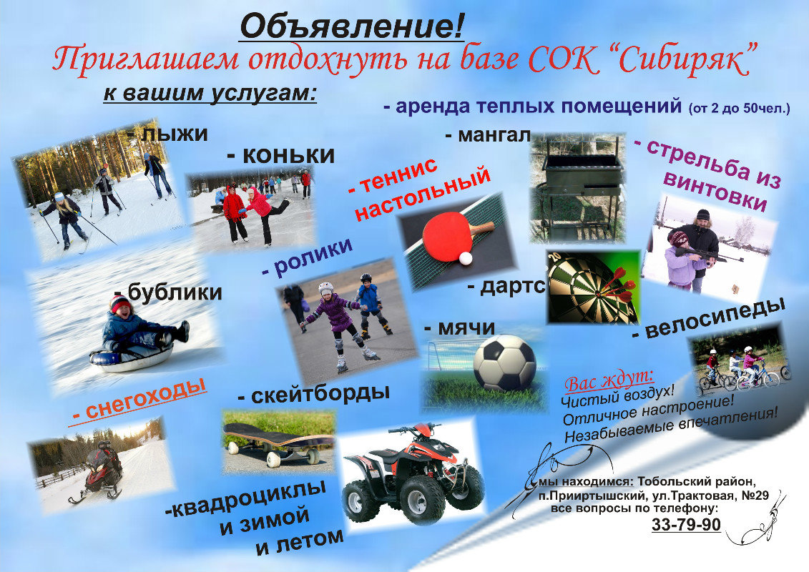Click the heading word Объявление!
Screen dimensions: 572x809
click(x=352, y=26)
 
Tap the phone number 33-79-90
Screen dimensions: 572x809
click(x=686, y=524)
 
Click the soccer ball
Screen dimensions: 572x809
click(x=504, y=363)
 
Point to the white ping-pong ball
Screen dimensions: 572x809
click(x=466, y=257)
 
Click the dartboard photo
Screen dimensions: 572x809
click(x=592, y=286)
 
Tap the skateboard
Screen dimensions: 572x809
click(x=276, y=442)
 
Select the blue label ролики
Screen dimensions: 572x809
click(x=308, y=258)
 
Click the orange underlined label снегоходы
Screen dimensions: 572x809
click(x=139, y=400)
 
